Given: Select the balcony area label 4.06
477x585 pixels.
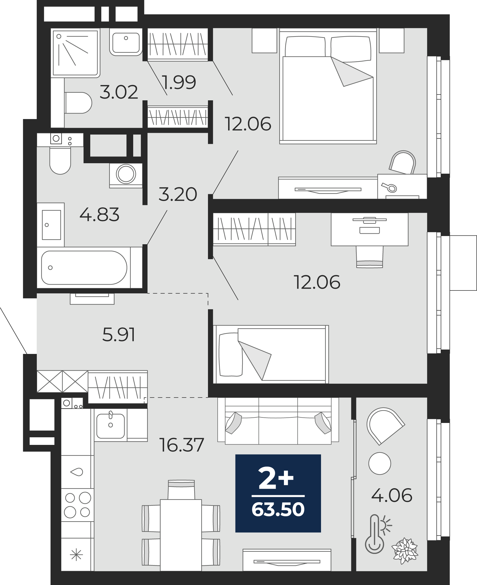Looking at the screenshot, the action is (392, 495).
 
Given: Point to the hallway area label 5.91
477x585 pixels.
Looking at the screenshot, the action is (119, 334).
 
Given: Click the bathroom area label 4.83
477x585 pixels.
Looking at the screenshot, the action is (99, 214).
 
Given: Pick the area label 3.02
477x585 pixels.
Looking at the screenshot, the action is (119, 92).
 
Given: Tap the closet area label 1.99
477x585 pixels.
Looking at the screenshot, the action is (179, 82).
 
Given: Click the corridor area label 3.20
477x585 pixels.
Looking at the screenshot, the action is (178, 194).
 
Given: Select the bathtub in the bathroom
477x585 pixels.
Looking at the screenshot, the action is (90, 267).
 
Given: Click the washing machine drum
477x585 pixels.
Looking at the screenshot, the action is (126, 174).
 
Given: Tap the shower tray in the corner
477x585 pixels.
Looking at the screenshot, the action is (75, 53).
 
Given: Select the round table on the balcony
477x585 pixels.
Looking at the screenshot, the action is (379, 463).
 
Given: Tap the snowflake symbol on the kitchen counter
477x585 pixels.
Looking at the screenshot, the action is (77, 555).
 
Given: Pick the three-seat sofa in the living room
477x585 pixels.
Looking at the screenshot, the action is (278, 421).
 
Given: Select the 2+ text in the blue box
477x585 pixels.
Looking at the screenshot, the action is (276, 479).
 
